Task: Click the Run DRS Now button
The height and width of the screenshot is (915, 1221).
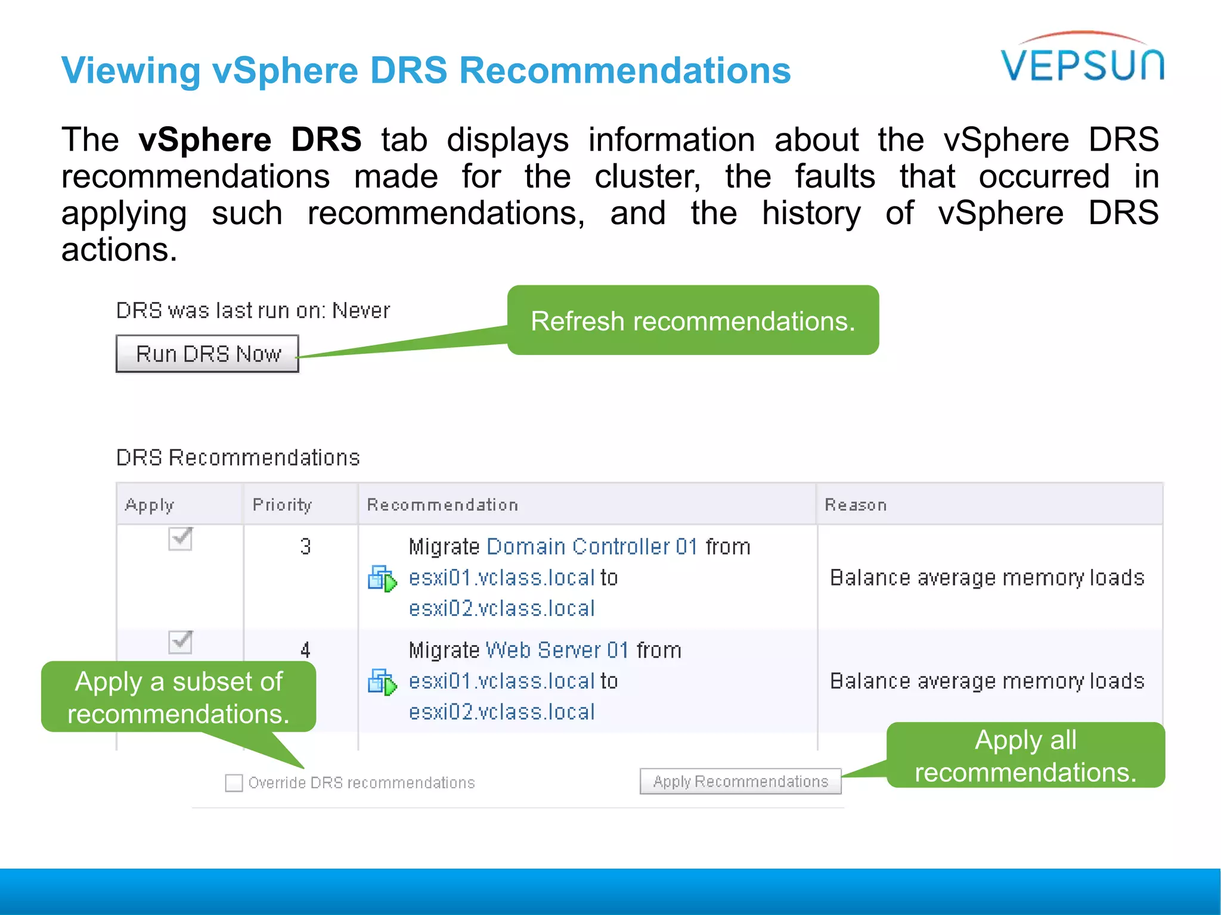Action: coord(207,354)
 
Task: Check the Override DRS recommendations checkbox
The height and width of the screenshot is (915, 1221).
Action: coord(234,783)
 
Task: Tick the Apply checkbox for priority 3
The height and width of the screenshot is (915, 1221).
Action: coord(180,539)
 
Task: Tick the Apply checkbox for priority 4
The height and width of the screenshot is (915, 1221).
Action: coord(180,642)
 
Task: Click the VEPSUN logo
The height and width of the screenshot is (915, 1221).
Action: coord(1082,60)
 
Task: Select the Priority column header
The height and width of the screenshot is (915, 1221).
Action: coord(282,505)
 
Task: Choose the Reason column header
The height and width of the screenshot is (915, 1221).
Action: coord(856,505)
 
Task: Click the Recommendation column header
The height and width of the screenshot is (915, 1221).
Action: coord(442,505)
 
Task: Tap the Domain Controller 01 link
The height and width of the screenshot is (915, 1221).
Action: coord(592,547)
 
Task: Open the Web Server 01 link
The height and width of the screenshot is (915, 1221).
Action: coord(557,650)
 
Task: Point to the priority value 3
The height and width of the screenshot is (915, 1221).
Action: coord(305,547)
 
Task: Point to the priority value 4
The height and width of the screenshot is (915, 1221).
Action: coord(305,650)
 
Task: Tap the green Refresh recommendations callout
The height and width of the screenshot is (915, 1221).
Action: coord(693,320)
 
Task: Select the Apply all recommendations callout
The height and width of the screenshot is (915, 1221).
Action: coord(1025,755)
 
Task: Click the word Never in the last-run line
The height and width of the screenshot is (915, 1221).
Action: coord(361,310)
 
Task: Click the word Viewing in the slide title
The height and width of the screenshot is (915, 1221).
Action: coord(131,70)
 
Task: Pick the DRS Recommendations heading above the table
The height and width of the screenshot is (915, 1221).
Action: coord(238,457)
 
